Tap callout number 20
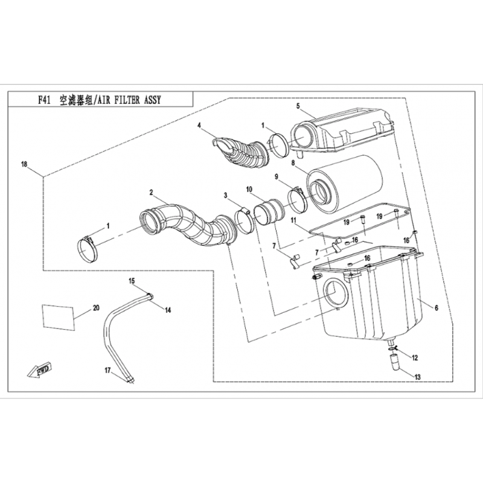point(96,308)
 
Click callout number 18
point(24,164)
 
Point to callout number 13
point(417,377)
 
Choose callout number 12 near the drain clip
point(415,357)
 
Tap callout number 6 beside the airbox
point(437,307)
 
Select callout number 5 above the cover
point(298,106)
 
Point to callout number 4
point(199,126)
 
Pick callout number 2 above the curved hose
point(152,193)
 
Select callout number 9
point(277,176)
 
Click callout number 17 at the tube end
point(107,371)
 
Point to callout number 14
point(167,310)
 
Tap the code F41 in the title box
point(44,100)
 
